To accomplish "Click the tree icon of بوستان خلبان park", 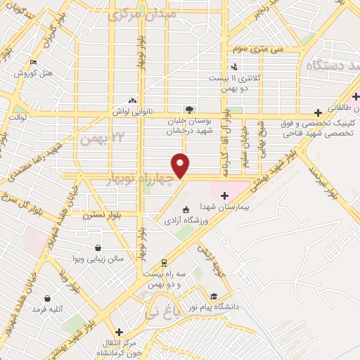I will pos(188,109).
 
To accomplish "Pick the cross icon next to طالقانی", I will pos(318,111).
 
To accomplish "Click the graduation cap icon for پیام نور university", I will pos(213,296).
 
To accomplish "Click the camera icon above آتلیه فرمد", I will pos(47,298).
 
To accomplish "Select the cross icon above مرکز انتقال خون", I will pos(119,331).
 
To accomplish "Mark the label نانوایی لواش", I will pos(131,111).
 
